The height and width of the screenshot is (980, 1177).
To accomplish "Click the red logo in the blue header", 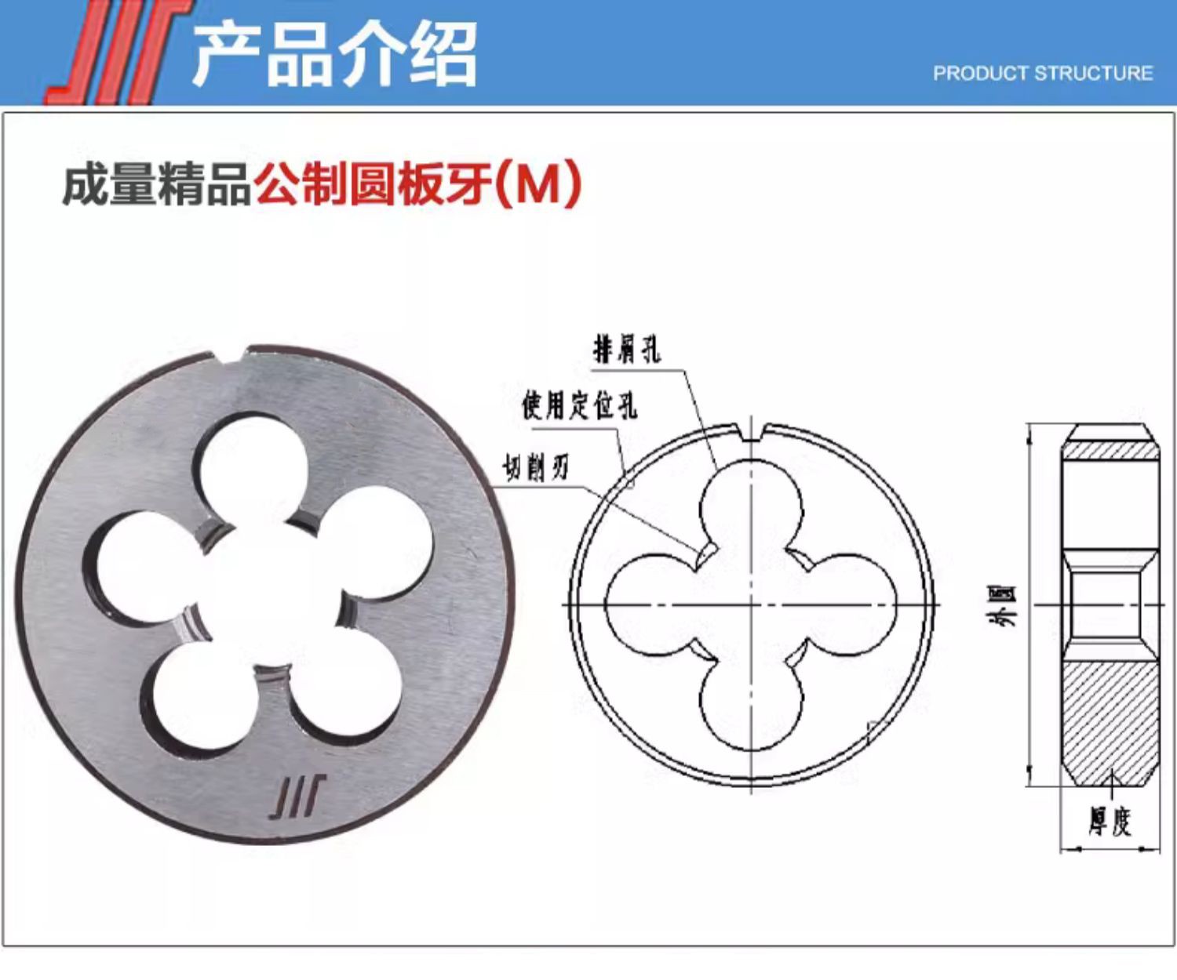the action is (x=118, y=52).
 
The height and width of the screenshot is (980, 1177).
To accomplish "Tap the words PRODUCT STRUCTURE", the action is (x=1043, y=73).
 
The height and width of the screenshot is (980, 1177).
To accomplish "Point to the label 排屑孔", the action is (x=626, y=350).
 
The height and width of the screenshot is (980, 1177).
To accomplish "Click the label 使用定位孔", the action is (x=580, y=405).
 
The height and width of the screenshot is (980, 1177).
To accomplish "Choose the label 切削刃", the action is (x=535, y=468).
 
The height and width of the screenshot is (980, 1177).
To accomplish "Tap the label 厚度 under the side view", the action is (x=1110, y=823).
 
